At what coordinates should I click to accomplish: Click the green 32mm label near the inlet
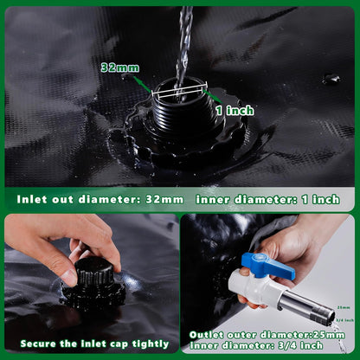(x=119, y=67)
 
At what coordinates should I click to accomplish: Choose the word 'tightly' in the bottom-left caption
(x=144, y=344)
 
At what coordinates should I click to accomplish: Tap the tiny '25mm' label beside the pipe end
(x=342, y=307)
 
